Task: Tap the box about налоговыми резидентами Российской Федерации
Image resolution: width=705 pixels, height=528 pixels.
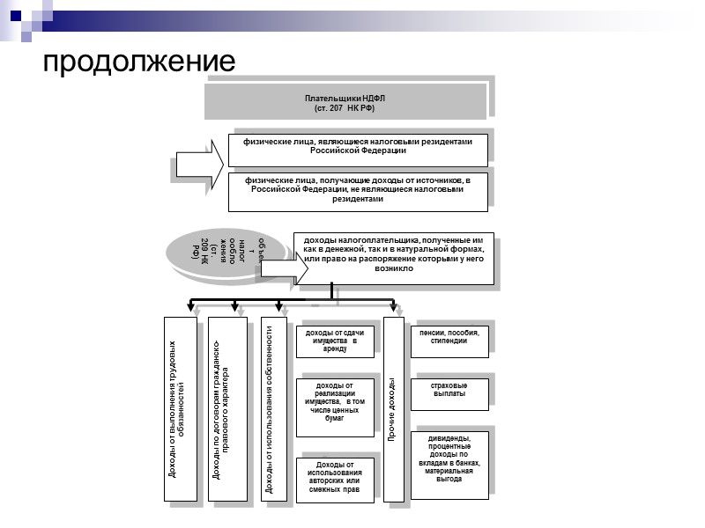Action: click(358, 150)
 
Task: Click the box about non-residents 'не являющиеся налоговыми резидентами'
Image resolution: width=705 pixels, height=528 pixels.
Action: click(358, 192)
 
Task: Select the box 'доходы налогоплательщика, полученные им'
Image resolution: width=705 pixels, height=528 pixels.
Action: click(394, 258)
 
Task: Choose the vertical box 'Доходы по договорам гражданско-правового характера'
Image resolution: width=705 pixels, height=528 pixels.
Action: click(226, 409)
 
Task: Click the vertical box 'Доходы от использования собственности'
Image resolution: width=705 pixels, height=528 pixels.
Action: click(273, 409)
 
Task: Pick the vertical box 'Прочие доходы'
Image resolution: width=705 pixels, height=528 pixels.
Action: click(393, 409)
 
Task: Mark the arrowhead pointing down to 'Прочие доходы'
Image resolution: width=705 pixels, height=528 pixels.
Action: click(393, 307)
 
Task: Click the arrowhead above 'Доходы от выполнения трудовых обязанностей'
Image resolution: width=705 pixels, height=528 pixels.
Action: click(191, 307)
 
